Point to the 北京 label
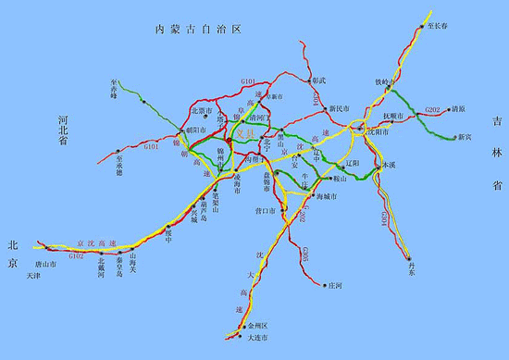[x=13, y=256]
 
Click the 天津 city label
[x=33, y=275]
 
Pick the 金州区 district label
[x=254, y=327]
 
